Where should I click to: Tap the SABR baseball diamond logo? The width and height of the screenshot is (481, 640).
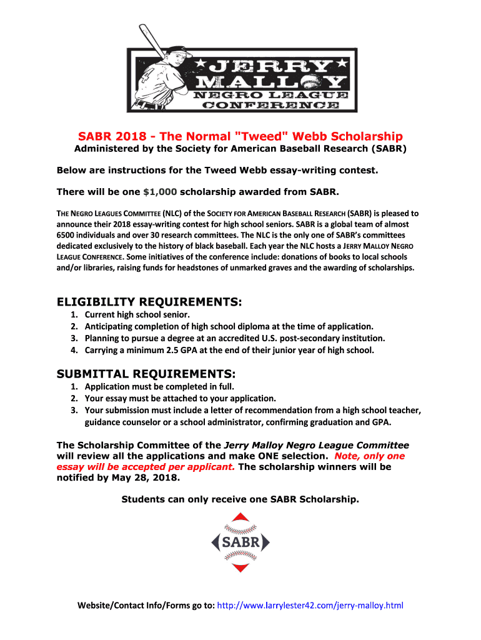[x=240, y=542]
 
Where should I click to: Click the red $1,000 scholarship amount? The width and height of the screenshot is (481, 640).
[x=160, y=191]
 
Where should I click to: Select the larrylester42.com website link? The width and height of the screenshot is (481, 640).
[x=310, y=605]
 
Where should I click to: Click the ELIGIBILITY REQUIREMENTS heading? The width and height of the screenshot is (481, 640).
[x=149, y=302]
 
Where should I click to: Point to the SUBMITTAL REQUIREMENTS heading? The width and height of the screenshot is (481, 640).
[x=146, y=374]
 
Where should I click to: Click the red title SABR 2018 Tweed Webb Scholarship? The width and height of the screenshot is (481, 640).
[x=240, y=136]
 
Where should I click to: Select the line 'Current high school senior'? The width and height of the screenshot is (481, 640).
[x=137, y=314]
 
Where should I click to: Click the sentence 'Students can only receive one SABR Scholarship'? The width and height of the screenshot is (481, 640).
[x=241, y=499]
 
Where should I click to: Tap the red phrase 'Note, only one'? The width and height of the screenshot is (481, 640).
[x=370, y=456]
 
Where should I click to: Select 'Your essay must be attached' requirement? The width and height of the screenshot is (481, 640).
[x=180, y=398]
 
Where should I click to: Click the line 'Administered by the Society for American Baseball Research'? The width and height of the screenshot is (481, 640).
[x=241, y=149]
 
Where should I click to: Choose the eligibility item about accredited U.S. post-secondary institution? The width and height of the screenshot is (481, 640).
[x=235, y=338]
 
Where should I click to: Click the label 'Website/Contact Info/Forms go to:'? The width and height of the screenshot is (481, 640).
[x=146, y=605]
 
